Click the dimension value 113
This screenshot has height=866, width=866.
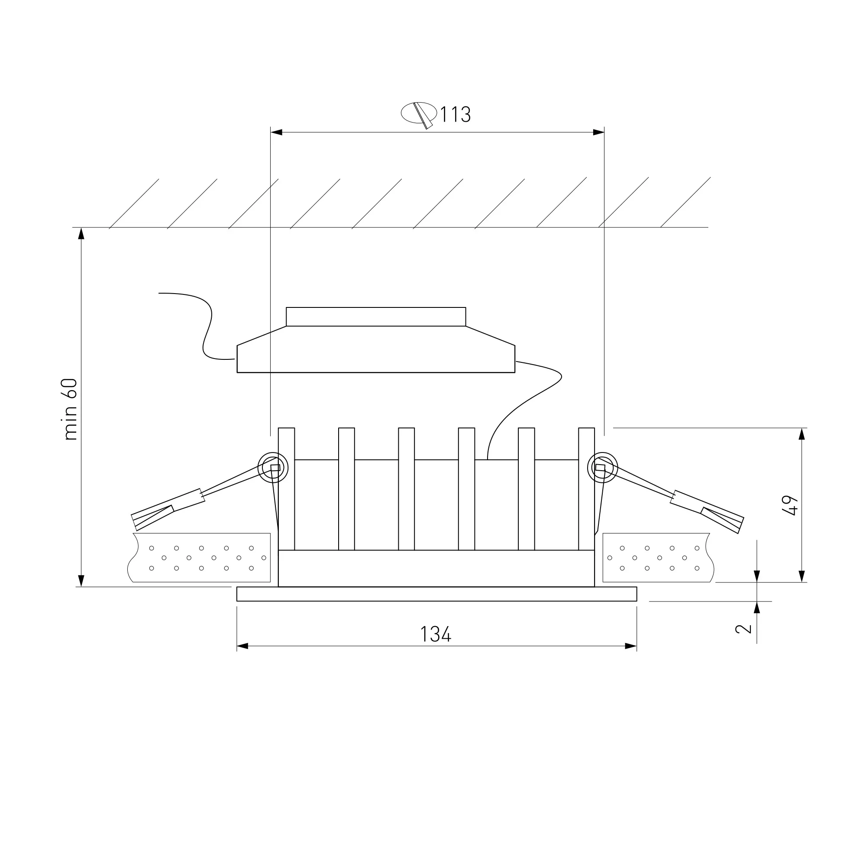(x=456, y=114)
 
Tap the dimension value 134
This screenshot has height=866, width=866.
(x=436, y=634)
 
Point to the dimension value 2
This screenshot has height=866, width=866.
(x=743, y=628)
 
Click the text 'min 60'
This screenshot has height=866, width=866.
(x=71, y=409)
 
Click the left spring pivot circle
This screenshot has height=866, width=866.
(x=273, y=468)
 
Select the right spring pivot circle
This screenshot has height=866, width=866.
(x=602, y=468)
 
